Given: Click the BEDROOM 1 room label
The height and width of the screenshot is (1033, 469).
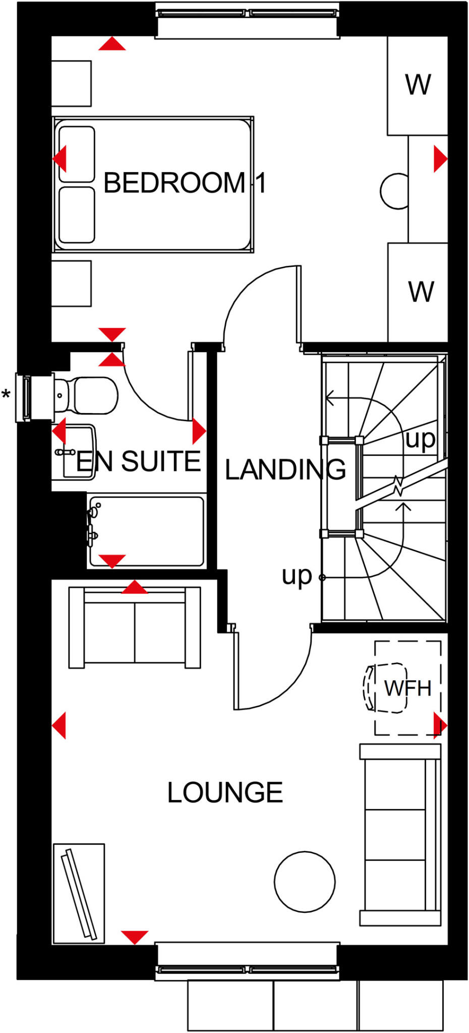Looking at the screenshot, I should [x=184, y=183].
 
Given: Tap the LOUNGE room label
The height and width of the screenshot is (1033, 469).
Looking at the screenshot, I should [x=225, y=792].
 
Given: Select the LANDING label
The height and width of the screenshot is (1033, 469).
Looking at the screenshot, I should [x=285, y=470].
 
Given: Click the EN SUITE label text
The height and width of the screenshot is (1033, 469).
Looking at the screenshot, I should [x=139, y=461].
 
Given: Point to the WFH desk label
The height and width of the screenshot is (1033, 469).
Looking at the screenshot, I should [x=407, y=688].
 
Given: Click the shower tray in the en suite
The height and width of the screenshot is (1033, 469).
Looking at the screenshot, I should [x=146, y=531].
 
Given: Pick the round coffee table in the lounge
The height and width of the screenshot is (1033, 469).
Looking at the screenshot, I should [x=305, y=881].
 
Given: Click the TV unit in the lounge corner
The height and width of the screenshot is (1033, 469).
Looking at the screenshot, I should [x=79, y=893].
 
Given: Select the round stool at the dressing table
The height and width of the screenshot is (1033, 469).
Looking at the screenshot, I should [x=395, y=191].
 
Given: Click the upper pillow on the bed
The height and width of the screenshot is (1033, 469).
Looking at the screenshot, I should [x=77, y=154].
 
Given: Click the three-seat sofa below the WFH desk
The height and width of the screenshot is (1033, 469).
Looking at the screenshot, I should [x=400, y=835].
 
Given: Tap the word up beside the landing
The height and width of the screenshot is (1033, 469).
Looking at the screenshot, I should [x=297, y=576].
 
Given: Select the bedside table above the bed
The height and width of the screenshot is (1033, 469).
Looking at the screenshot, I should [x=71, y=83].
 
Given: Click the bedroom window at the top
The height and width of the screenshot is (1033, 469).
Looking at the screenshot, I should [x=247, y=20].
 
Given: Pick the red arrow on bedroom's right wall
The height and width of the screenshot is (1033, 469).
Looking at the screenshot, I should [x=440, y=159].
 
